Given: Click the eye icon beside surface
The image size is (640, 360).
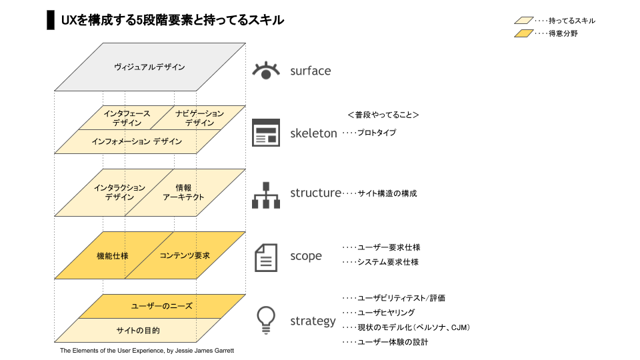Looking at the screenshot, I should point(266,70).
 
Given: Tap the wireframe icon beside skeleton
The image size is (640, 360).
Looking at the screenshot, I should point(265,132).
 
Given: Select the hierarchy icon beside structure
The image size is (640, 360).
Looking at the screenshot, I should point(265,194).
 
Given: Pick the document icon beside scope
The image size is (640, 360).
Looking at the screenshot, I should point(266,257).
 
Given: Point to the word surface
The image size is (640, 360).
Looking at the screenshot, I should point(310,71).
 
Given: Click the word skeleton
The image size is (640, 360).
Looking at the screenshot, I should point(313,133).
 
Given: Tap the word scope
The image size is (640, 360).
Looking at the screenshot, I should point(305,256).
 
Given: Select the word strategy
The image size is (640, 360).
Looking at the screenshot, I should point(313,321).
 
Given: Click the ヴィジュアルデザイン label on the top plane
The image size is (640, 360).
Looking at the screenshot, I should point(149,67).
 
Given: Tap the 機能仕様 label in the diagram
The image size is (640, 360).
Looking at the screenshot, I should point(112,255).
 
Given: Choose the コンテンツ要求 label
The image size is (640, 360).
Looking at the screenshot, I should point(185,255).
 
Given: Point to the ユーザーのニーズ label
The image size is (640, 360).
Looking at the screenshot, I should point(161,306).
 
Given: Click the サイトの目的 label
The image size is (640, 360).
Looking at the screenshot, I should point(138,330).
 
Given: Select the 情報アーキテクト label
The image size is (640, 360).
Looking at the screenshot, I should point(183,192).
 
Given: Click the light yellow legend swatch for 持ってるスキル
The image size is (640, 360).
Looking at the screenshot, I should point(523,21).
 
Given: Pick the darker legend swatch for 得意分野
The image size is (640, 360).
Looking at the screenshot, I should point(523,33).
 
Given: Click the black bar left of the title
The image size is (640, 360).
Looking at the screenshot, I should point(50,20).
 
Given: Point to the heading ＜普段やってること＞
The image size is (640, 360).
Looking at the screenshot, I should point(383,115).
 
